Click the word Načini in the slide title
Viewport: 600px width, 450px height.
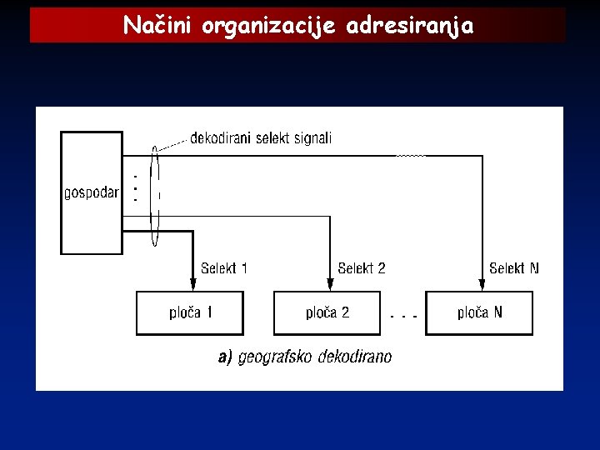tap(157, 27)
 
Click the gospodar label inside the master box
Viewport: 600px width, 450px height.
tap(92, 193)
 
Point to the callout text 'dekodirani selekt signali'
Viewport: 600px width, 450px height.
tap(261, 138)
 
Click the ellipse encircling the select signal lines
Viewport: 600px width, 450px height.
tap(155, 197)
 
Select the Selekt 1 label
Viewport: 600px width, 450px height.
tap(224, 268)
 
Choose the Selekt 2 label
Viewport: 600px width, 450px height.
tap(362, 268)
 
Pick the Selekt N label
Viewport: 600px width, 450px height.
tap(514, 268)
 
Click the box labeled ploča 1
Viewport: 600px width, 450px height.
tap(190, 313)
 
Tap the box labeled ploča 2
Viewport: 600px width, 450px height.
tap(327, 313)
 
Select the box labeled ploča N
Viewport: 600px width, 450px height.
tap(479, 313)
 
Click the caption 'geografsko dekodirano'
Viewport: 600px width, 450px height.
tap(314, 357)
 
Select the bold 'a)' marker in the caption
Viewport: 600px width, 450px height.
tap(224, 357)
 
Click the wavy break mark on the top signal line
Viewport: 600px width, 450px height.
tap(411, 155)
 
